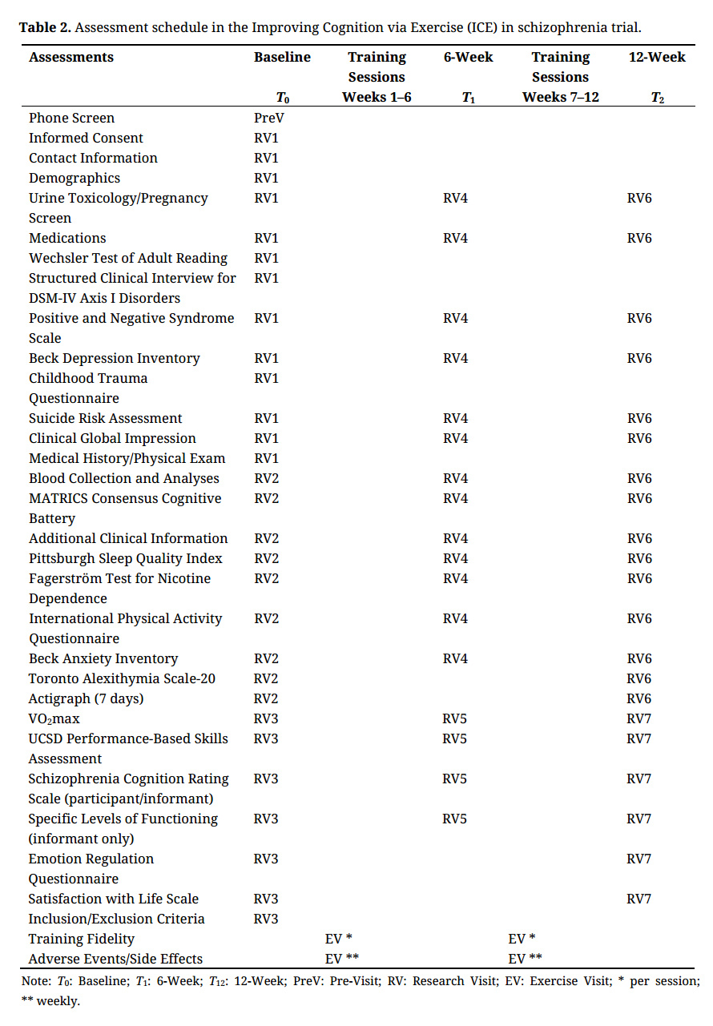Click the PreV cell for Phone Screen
pyautogui.click(x=269, y=118)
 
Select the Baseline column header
pyautogui.click(x=282, y=58)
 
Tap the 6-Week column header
pyautogui.click(x=468, y=58)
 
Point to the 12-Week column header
pyautogui.click(x=656, y=58)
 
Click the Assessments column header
pyautogui.click(x=71, y=58)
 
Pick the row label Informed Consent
pyautogui.click(x=86, y=138)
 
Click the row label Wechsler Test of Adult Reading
pyautogui.click(x=128, y=258)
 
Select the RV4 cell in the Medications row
pyautogui.click(x=455, y=238)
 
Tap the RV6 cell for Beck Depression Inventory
pyautogui.click(x=639, y=358)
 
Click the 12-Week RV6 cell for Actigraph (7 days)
pyautogui.click(x=639, y=698)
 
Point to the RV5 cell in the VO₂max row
pyautogui.click(x=455, y=718)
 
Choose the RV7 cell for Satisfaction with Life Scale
pyautogui.click(x=639, y=899)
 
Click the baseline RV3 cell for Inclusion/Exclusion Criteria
pyautogui.click(x=266, y=919)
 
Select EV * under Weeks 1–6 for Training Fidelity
pyautogui.click(x=339, y=939)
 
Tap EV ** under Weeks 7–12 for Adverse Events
pyautogui.click(x=525, y=959)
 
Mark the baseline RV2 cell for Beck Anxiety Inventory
pyautogui.click(x=266, y=658)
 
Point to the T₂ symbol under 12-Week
pyautogui.click(x=657, y=98)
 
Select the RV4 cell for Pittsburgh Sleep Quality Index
pyautogui.click(x=455, y=558)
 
